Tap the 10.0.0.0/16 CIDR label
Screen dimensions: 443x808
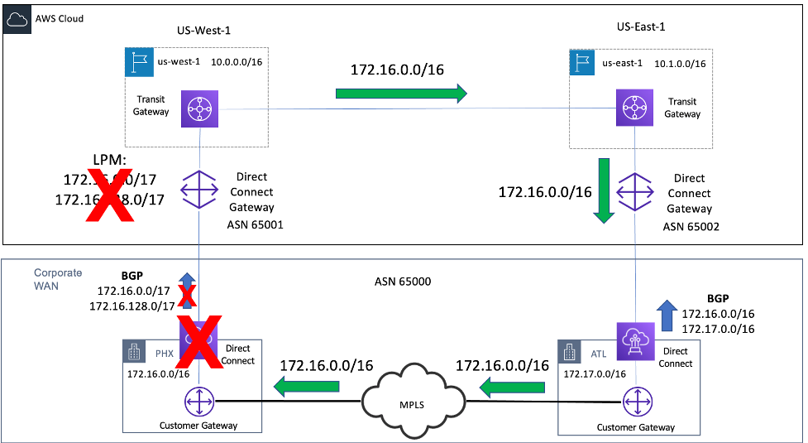pos(239,62)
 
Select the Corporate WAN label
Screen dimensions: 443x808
pos(58,278)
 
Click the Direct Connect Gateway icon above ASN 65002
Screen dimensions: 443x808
pos(637,191)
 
